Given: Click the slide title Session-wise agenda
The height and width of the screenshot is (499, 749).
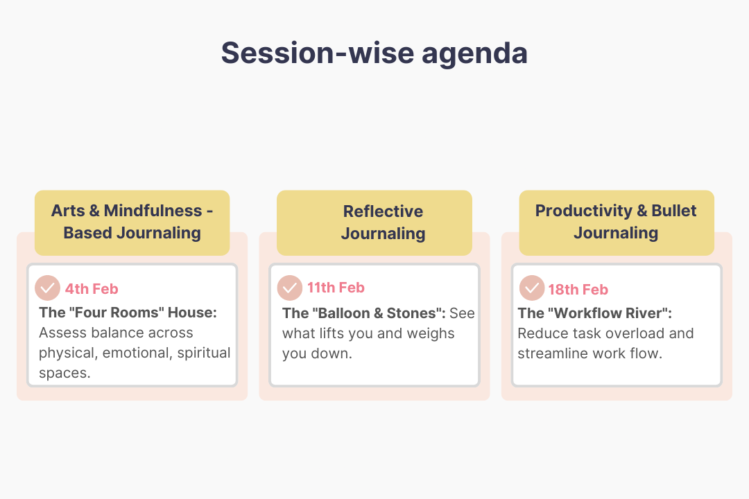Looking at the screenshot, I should point(374,53).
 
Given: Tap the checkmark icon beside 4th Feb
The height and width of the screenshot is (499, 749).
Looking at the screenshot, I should point(47,288).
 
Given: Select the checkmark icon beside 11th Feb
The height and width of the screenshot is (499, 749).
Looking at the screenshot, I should point(290,288).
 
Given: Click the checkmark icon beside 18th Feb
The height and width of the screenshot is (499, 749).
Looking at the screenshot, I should point(532,288).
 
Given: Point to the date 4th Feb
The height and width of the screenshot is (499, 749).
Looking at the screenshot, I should point(92,289).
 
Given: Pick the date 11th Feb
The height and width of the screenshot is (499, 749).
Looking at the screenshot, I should point(336,288).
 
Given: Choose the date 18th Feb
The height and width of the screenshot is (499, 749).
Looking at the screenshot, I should point(578,290).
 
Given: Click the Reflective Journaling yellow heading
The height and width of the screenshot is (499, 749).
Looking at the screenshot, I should point(383,222).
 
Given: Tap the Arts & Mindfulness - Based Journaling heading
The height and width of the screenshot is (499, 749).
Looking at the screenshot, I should point(132,222).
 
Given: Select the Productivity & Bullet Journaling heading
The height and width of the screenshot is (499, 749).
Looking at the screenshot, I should point(616,222).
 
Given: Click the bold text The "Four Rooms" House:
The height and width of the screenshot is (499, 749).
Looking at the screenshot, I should point(128,313).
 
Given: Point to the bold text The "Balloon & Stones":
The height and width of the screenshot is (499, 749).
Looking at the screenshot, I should point(363,313).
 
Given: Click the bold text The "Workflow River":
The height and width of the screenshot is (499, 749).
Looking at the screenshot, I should point(594,313).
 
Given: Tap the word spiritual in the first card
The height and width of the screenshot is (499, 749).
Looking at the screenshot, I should point(203,353).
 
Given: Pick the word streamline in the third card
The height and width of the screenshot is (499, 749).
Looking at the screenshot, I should point(552,353).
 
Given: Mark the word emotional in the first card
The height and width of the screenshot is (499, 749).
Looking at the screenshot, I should point(135,353).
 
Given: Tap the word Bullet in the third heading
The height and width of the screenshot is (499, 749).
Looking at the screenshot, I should point(673,211).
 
